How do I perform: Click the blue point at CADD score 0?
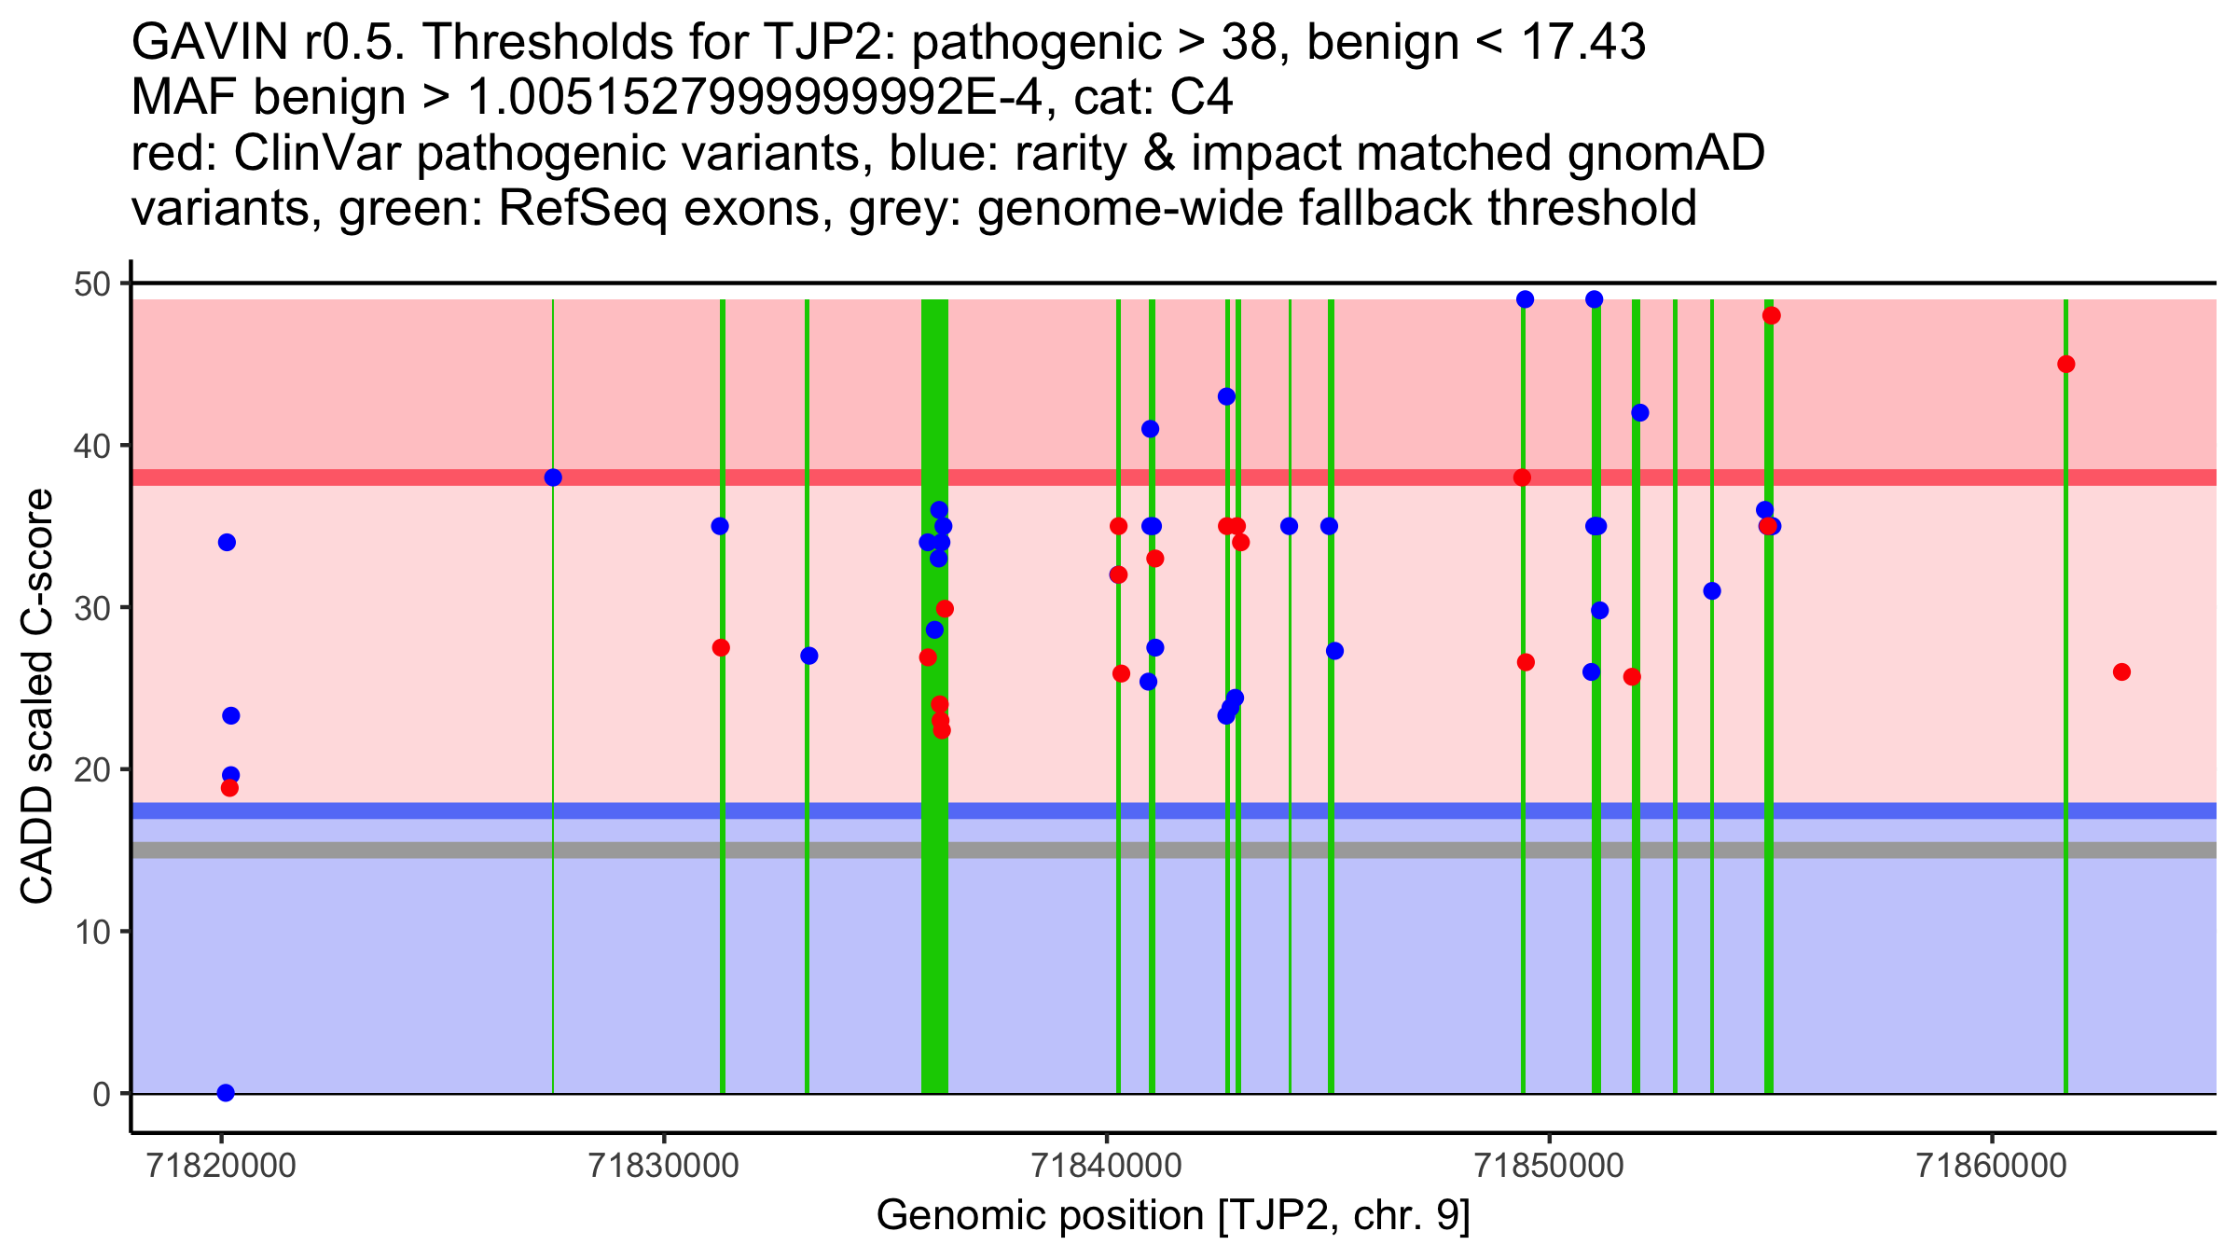tap(226, 1093)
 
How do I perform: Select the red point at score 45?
tap(2066, 364)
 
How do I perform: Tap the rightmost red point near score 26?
tap(2121, 671)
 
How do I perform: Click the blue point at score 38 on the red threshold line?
tap(553, 477)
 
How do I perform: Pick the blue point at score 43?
tap(1226, 396)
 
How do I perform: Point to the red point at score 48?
tap(1772, 315)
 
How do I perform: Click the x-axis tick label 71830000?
tap(665, 1166)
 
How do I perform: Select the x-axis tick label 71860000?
tap(1993, 1166)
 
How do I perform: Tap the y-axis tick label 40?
tap(91, 446)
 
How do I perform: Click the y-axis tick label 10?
tap(91, 932)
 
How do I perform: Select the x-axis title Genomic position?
tap(1043, 1216)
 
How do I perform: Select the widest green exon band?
tap(934, 696)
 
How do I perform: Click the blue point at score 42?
tap(1639, 413)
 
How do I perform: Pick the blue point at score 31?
tap(1711, 591)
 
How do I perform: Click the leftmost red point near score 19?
tap(229, 788)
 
